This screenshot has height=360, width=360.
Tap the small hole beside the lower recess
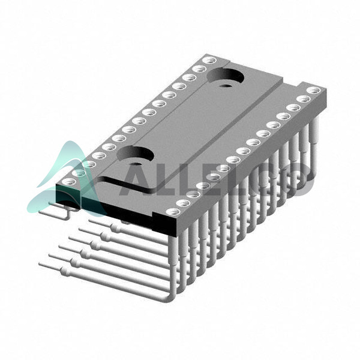pyautogui.click(x=136, y=164)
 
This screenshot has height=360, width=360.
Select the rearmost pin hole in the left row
pyautogui.click(x=210, y=61)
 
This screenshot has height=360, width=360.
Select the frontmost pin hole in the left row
pyautogui.click(x=69, y=181)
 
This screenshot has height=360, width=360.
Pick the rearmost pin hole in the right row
pyautogui.click(x=314, y=90)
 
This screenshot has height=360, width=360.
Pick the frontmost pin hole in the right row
pyautogui.click(x=173, y=212)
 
